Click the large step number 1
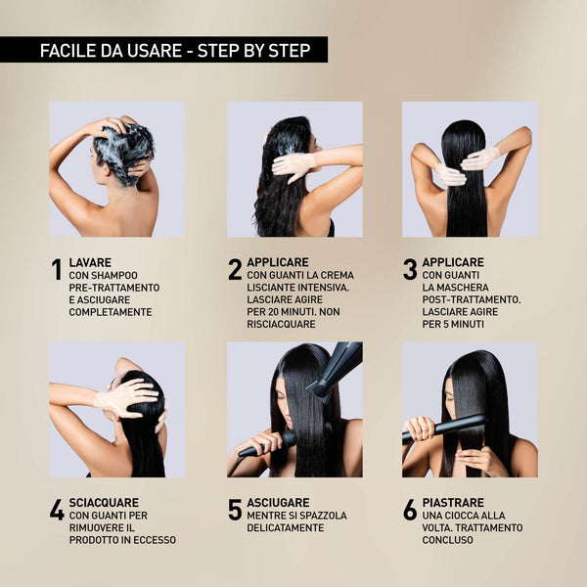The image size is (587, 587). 57,269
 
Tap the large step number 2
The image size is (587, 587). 235,269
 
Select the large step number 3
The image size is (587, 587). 410,269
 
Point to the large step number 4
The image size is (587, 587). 57,510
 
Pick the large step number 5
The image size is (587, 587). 235,510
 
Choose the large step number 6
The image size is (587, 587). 410,510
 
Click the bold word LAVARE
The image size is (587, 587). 90,262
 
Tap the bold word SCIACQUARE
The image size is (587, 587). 104,503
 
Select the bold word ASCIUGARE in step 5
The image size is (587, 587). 278,503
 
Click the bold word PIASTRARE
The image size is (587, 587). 453,503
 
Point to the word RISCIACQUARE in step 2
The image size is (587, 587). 281,324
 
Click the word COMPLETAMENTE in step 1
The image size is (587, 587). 111,312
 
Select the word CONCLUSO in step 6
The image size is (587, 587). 448,540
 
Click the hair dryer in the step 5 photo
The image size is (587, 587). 335,371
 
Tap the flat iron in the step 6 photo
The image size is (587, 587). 444,429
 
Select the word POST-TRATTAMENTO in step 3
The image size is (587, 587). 472,299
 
